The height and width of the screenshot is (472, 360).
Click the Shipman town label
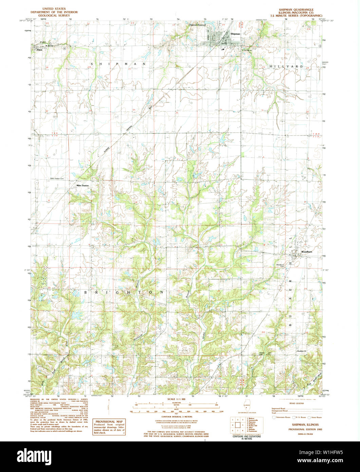coord(235,34)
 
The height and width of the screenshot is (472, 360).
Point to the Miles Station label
coord(82,185)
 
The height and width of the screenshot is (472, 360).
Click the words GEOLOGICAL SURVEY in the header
coord(54,16)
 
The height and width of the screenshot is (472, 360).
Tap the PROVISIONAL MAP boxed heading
coord(109,421)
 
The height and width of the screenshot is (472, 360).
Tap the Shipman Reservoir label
coord(197,25)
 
